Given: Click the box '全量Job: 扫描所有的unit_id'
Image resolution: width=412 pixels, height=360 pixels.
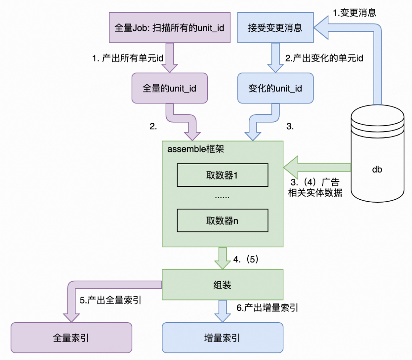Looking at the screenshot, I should [x=169, y=27].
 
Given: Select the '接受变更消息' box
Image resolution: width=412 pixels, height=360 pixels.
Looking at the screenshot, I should [x=275, y=27].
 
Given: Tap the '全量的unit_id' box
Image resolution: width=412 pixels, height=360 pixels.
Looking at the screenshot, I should [x=169, y=89].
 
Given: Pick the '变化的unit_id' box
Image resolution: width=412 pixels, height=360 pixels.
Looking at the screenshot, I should [x=275, y=89].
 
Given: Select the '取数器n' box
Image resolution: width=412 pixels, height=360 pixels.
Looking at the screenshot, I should [x=222, y=220].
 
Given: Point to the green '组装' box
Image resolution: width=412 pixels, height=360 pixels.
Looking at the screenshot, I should [x=222, y=285].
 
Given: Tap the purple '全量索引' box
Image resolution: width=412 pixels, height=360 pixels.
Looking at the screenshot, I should [x=71, y=337].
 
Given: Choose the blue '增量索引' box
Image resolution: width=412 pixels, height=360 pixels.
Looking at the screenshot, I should [x=222, y=337].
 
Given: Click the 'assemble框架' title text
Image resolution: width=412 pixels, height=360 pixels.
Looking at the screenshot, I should [x=196, y=149].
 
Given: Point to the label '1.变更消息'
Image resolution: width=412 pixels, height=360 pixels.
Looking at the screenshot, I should [x=355, y=13].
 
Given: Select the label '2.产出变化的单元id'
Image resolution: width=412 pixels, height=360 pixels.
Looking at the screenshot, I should [x=324, y=58].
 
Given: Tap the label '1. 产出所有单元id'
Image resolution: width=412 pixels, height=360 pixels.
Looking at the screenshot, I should [x=128, y=58].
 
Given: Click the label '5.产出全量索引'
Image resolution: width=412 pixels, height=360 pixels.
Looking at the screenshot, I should [x=111, y=300].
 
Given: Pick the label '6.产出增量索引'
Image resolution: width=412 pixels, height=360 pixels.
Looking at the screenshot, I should [x=267, y=308].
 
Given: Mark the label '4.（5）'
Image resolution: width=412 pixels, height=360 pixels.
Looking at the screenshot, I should [x=246, y=260].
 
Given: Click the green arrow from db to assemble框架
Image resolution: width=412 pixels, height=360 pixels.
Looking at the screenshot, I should [x=317, y=167].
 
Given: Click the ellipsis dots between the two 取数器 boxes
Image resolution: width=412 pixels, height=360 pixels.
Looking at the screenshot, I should [x=222, y=197].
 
